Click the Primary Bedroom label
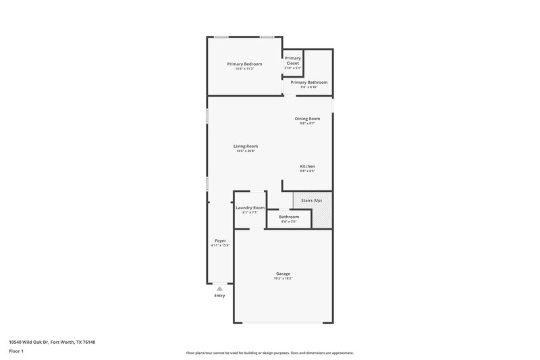244,64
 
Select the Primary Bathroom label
308,82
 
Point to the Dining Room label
307,119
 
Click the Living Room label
246,146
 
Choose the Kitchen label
307,166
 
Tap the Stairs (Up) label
311,201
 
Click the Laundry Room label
250,208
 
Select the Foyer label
220,240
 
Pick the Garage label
283,274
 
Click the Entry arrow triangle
219,288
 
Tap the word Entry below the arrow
219,296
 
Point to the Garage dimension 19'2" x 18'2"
283,278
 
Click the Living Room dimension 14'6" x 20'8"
246,151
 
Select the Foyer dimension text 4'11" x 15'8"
220,245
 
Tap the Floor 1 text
17,352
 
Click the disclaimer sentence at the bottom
269,353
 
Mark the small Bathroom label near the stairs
289,217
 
